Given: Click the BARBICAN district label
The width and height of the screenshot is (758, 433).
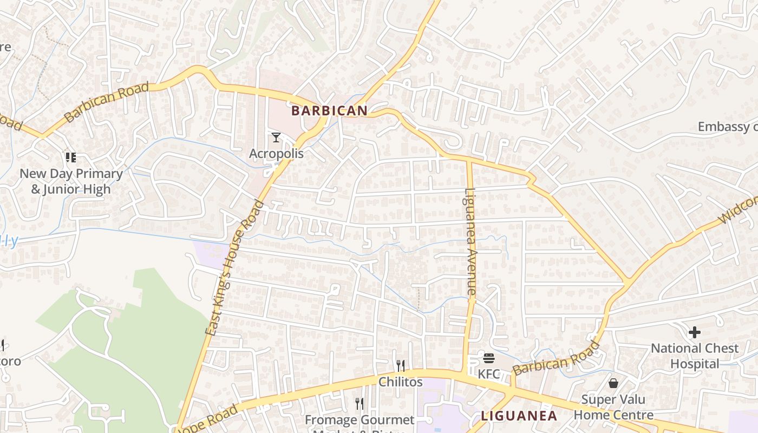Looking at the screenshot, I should tap(329, 111).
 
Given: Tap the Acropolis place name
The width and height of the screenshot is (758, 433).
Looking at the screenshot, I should tap(276, 154).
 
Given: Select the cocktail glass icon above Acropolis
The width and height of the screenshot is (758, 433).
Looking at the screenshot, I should tap(276, 137).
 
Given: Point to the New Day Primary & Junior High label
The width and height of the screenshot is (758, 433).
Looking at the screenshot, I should tap(71, 181).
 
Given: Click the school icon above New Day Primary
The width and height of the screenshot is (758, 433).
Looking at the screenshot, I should tap(70, 158).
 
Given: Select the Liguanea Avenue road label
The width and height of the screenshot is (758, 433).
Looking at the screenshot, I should tap(470, 241).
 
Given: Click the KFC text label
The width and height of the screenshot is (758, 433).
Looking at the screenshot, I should tap(489, 374).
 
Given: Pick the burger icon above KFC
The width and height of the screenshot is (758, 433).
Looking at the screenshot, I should tap(489, 358).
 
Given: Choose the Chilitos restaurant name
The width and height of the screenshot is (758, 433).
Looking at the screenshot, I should tap(400, 382).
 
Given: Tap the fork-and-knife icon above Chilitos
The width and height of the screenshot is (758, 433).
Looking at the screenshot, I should tap(400, 365).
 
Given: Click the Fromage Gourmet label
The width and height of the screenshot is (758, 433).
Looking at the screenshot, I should tap(359, 421).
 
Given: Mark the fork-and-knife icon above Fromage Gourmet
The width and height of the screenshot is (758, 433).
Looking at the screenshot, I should tap(359, 403).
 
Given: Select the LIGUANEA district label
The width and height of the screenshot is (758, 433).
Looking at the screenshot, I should tap(519, 416).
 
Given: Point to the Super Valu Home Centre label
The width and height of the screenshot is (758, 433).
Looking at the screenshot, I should tap(613, 407).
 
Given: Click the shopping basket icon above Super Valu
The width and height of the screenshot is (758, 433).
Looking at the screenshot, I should tap(613, 383).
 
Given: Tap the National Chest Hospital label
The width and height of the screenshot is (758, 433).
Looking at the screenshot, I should tap(695, 356).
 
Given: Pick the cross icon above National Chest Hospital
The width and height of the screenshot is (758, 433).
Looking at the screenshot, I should tap(695, 332).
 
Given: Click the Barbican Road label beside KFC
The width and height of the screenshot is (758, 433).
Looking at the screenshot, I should tap(557, 358).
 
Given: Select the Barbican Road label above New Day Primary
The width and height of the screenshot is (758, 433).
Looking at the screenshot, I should tap(106, 102).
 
